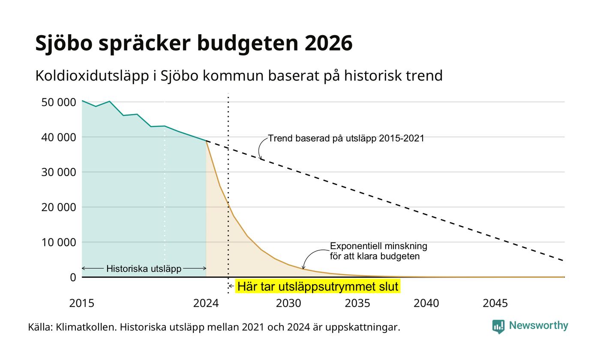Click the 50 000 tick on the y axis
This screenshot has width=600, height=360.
[59, 102]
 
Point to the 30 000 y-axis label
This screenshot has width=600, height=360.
[59, 172]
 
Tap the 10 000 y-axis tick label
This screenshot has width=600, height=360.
[59, 243]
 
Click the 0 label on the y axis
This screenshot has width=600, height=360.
[73, 278]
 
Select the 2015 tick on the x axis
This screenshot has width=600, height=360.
[82, 303]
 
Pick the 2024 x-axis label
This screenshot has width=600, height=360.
[206, 303]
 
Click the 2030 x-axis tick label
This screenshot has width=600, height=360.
[289, 303]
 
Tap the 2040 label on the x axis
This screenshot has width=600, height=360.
[426, 303]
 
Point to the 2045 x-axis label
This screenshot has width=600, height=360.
[495, 303]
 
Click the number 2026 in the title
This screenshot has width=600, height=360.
[328, 43]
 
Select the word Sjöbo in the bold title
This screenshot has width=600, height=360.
[64, 44]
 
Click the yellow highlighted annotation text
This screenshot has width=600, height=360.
[318, 286]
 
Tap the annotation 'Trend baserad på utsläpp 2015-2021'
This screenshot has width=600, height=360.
[346, 138]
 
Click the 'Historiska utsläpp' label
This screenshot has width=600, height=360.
[144, 269]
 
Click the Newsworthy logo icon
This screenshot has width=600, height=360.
[498, 327]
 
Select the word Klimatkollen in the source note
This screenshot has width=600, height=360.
[86, 327]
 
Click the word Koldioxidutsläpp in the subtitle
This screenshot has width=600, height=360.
[92, 76]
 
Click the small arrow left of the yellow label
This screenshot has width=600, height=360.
[231, 286]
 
